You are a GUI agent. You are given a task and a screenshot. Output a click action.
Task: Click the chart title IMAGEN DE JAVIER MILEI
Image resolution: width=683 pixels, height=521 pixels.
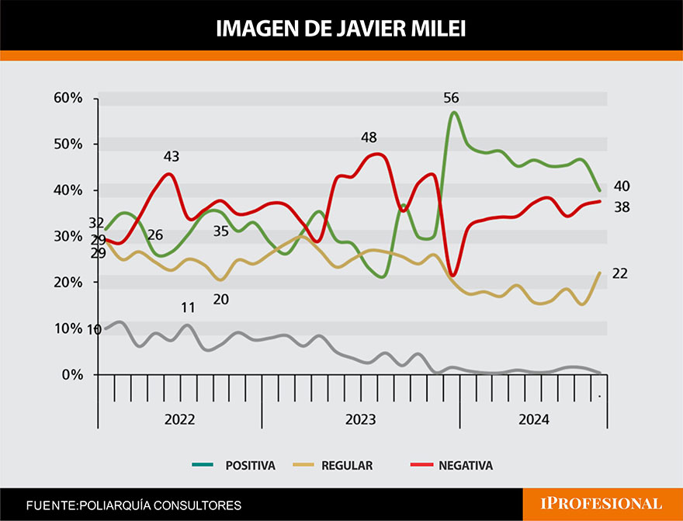(x=341, y=29)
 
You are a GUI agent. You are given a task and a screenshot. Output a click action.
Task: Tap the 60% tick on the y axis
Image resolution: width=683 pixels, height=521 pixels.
(x=68, y=98)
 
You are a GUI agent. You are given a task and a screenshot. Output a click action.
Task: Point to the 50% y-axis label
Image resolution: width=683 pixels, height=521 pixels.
(x=68, y=144)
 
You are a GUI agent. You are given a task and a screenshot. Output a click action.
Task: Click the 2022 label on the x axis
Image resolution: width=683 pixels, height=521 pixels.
(x=179, y=419)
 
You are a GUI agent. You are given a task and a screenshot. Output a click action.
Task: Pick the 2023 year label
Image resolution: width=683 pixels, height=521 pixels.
(x=360, y=419)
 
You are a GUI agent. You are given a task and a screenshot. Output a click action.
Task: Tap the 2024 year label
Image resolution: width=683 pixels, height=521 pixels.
(x=533, y=419)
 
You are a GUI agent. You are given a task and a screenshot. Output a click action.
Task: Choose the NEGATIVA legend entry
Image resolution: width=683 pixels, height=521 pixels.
(x=465, y=466)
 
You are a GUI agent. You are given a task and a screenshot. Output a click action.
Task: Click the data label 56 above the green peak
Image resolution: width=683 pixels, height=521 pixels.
(x=451, y=98)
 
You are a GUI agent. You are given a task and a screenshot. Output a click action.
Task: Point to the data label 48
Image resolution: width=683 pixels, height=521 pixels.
(x=369, y=138)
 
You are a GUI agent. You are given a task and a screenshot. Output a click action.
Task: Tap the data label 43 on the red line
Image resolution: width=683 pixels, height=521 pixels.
(x=172, y=156)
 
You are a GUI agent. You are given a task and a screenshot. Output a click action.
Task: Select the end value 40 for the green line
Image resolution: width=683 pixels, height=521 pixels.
(x=621, y=186)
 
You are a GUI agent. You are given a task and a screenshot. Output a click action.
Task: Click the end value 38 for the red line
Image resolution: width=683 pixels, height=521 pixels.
(x=621, y=207)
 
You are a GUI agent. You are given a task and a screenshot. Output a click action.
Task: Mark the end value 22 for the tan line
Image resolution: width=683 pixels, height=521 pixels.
(x=620, y=273)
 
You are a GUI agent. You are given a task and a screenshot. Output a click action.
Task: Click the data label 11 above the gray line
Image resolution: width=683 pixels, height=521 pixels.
(x=188, y=307)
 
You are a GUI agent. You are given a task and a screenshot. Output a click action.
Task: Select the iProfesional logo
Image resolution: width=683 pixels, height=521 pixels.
(x=602, y=504)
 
